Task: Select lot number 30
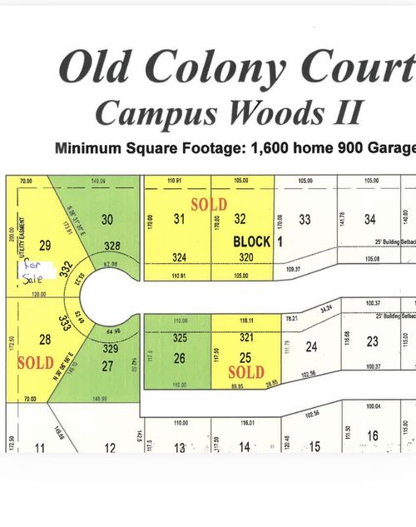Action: tap(107, 220)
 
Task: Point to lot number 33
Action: tap(305, 220)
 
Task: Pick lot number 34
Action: tap(370, 220)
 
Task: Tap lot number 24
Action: tap(312, 346)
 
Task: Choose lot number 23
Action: tap(373, 341)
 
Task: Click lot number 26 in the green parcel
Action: tap(179, 358)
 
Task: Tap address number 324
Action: tap(179, 257)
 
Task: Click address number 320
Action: tap(244, 257)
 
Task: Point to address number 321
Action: tap(245, 338)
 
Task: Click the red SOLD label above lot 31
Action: tap(208, 203)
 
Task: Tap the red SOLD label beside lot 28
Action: tap(34, 363)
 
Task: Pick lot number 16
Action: tap(372, 435)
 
